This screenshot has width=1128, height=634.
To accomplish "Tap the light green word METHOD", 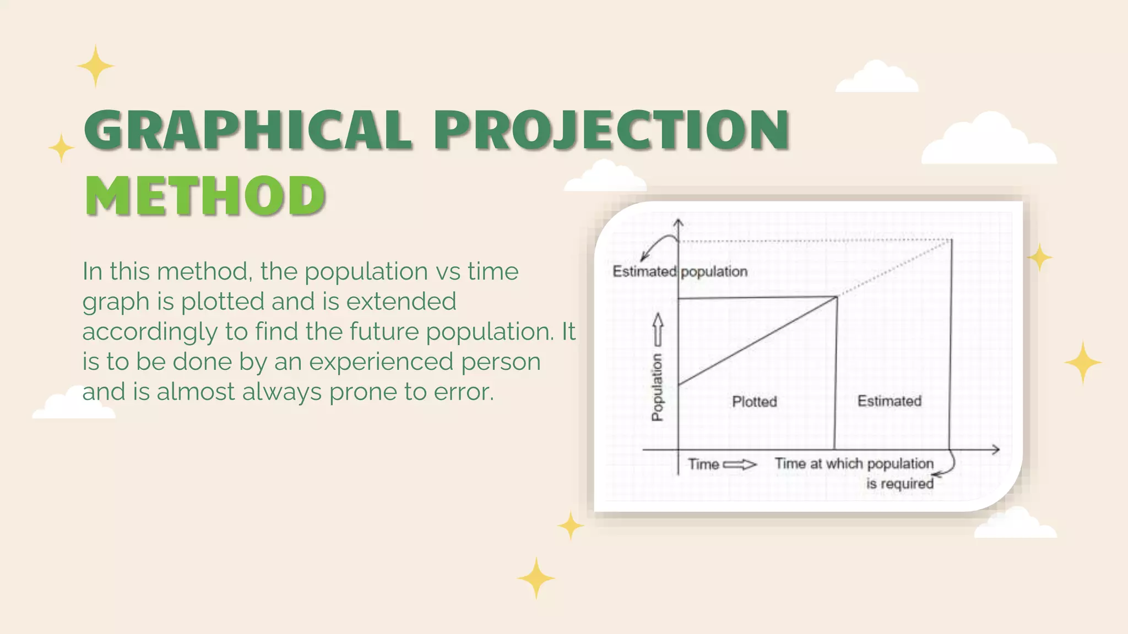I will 205,196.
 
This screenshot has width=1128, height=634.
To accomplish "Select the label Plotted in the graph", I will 754,402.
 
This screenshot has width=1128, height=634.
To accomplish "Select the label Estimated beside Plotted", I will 889,401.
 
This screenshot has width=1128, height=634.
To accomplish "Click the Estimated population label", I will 680,271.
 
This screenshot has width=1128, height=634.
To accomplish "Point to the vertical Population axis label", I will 657,387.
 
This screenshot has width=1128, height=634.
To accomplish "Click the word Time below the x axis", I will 703,464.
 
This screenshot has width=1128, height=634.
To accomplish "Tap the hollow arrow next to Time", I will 740,464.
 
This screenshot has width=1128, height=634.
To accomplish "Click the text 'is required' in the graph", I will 899,484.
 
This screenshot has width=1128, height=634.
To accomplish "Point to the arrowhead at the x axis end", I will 996,450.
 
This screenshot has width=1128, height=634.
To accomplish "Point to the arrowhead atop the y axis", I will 679,222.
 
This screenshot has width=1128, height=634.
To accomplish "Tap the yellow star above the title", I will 95,66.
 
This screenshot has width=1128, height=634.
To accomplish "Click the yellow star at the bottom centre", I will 536,578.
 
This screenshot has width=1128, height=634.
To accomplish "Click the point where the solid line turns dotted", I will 837,297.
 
